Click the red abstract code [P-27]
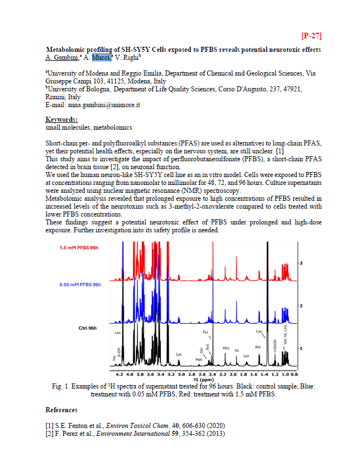tap(311, 36)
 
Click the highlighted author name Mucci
tap(102, 57)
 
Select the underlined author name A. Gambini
tap(62, 57)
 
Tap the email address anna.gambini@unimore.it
tap(104, 105)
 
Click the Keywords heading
tap(62, 120)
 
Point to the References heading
tap(61, 409)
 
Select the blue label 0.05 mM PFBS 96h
tap(80, 284)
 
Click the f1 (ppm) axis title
tap(207, 380)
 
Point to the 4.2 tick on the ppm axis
tap(120, 374)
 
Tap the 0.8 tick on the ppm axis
tap(295, 374)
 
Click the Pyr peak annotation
tap(205, 333)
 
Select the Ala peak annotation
tap(257, 347)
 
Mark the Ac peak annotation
tap(237, 350)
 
